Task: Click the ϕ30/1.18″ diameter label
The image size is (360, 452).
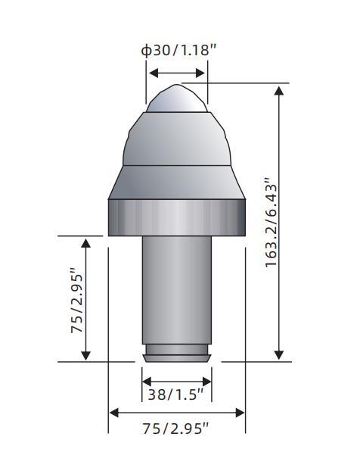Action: coord(178,50)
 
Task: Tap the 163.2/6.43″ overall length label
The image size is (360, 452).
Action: coord(271,223)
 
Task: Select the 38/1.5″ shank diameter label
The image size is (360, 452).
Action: coord(175,394)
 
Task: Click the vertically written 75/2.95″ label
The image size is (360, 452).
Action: coord(77,301)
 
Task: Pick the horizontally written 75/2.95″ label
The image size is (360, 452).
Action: coord(175,429)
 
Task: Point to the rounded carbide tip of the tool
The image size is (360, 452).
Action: coord(177,98)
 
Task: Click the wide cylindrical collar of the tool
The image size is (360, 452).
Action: coord(177,217)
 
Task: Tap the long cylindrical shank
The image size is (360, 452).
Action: coord(177,290)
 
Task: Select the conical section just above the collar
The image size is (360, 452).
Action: coord(177,182)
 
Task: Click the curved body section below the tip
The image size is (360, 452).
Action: coord(177,139)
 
